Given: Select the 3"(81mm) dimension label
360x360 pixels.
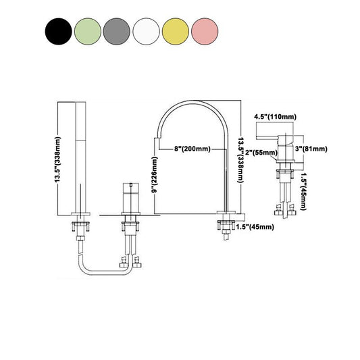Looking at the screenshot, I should [x=311, y=148].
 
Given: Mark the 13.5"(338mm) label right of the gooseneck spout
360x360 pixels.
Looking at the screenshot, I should [x=242, y=161].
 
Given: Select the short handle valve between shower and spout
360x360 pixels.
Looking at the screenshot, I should [x=128, y=197].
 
